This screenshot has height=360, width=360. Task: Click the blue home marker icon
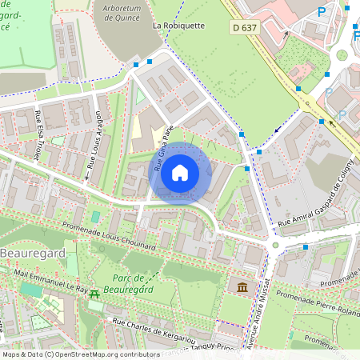[180, 172]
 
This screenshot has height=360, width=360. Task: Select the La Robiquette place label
[179, 25]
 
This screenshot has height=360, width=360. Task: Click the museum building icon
[241, 286]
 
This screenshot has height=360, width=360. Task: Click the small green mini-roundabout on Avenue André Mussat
[275, 245]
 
